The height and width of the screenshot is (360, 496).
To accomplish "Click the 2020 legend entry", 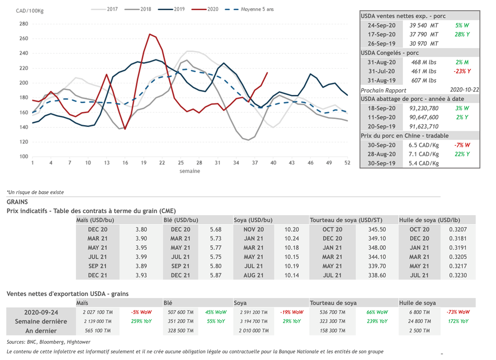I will (x=212, y=9).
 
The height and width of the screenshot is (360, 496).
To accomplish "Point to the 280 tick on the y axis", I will (x=23, y=24).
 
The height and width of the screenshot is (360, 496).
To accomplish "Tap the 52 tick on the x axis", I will (x=347, y=163).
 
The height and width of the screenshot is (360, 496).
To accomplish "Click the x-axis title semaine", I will (x=189, y=171).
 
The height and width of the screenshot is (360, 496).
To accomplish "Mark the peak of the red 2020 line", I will (x=150, y=34).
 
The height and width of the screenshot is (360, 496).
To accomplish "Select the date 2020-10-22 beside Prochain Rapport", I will (x=464, y=90).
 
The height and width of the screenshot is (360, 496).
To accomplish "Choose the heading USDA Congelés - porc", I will (x=390, y=53).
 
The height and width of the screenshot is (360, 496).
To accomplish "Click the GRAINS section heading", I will (x=17, y=202).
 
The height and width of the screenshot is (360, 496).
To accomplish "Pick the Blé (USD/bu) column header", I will (x=181, y=220).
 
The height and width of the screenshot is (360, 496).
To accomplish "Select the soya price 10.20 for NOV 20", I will (x=292, y=230).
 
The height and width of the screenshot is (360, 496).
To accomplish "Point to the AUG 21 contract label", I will (x=254, y=275).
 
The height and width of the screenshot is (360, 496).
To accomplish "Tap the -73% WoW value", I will (x=458, y=313).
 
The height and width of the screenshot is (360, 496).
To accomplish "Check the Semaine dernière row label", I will (x=41, y=321).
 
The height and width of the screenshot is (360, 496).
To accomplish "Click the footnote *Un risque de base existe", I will (x=35, y=192).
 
